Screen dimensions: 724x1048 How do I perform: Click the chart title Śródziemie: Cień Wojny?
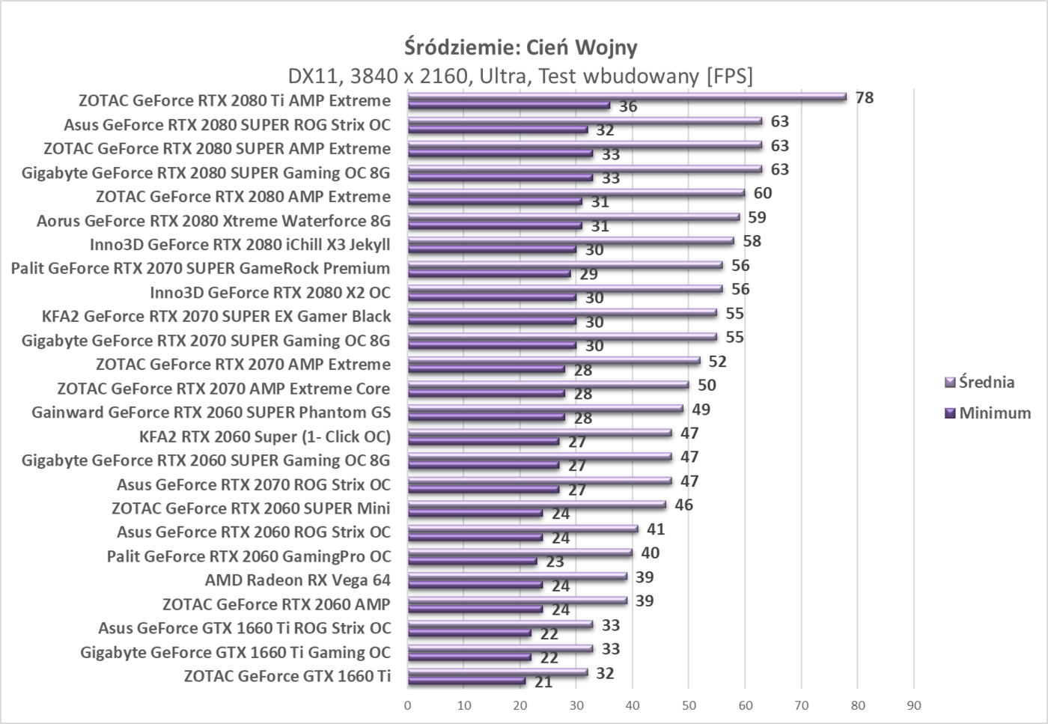pyautogui.click(x=521, y=47)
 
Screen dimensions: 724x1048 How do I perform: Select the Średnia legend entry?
pyautogui.click(x=980, y=383)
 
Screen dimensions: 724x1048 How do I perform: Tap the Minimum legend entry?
pyautogui.click(x=987, y=413)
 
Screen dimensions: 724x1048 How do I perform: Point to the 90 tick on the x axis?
pyautogui.click(x=913, y=705)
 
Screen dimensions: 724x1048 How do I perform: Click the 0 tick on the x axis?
pyautogui.click(x=408, y=705)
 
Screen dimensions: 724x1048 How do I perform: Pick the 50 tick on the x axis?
pyautogui.click(x=689, y=705)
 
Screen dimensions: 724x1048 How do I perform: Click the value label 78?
pyautogui.click(x=865, y=97)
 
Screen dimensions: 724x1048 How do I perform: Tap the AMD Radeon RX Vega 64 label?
pyautogui.click(x=298, y=580)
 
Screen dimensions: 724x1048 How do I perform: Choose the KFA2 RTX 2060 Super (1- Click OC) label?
pyautogui.click(x=265, y=436)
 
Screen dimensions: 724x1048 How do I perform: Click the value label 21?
pyautogui.click(x=543, y=682)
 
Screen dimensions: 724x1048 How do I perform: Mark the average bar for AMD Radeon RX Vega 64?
pyautogui.click(x=517, y=576)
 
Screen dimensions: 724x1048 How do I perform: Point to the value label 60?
pyautogui.click(x=763, y=193)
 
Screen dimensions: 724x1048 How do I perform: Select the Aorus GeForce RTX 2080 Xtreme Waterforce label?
pyautogui.click(x=213, y=221)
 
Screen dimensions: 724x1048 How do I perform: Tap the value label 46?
pyautogui.click(x=683, y=505)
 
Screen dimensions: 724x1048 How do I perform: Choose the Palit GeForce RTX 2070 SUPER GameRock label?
pyautogui.click(x=201, y=268)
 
